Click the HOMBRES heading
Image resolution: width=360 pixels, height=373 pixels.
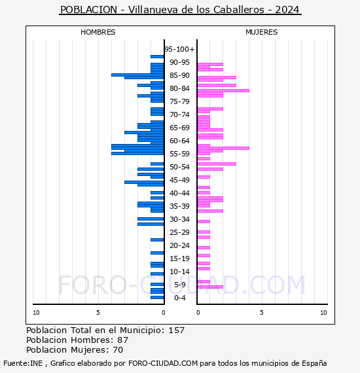click(x=98, y=32)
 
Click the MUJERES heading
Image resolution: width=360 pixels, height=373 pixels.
click(x=262, y=32)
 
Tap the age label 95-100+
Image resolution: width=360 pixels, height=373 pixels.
click(x=179, y=49)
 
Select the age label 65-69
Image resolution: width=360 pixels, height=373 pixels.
click(x=179, y=128)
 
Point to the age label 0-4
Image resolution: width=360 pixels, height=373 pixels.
click(x=179, y=298)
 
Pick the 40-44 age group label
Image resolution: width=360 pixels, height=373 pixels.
click(x=179, y=193)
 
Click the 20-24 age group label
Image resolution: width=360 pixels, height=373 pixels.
click(x=179, y=245)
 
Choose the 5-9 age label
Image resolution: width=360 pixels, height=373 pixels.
click(x=179, y=285)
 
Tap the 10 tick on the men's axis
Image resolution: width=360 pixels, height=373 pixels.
click(x=36, y=313)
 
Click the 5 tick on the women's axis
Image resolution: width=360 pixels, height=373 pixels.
click(x=262, y=313)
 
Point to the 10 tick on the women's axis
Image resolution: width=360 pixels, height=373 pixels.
click(x=323, y=313)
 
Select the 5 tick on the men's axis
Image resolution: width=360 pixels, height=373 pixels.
click(x=98, y=313)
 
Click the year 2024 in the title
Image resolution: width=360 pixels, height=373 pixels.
click(x=287, y=10)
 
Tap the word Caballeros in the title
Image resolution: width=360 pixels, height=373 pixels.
click(x=239, y=10)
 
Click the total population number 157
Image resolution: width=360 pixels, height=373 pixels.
click(x=176, y=330)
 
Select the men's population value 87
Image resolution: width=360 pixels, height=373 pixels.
click(x=123, y=340)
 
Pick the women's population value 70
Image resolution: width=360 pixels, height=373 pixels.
click(x=118, y=349)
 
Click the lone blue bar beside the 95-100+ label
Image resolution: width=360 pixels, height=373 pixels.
click(x=157, y=57)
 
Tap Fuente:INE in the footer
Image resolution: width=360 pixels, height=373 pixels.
click(x=23, y=363)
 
